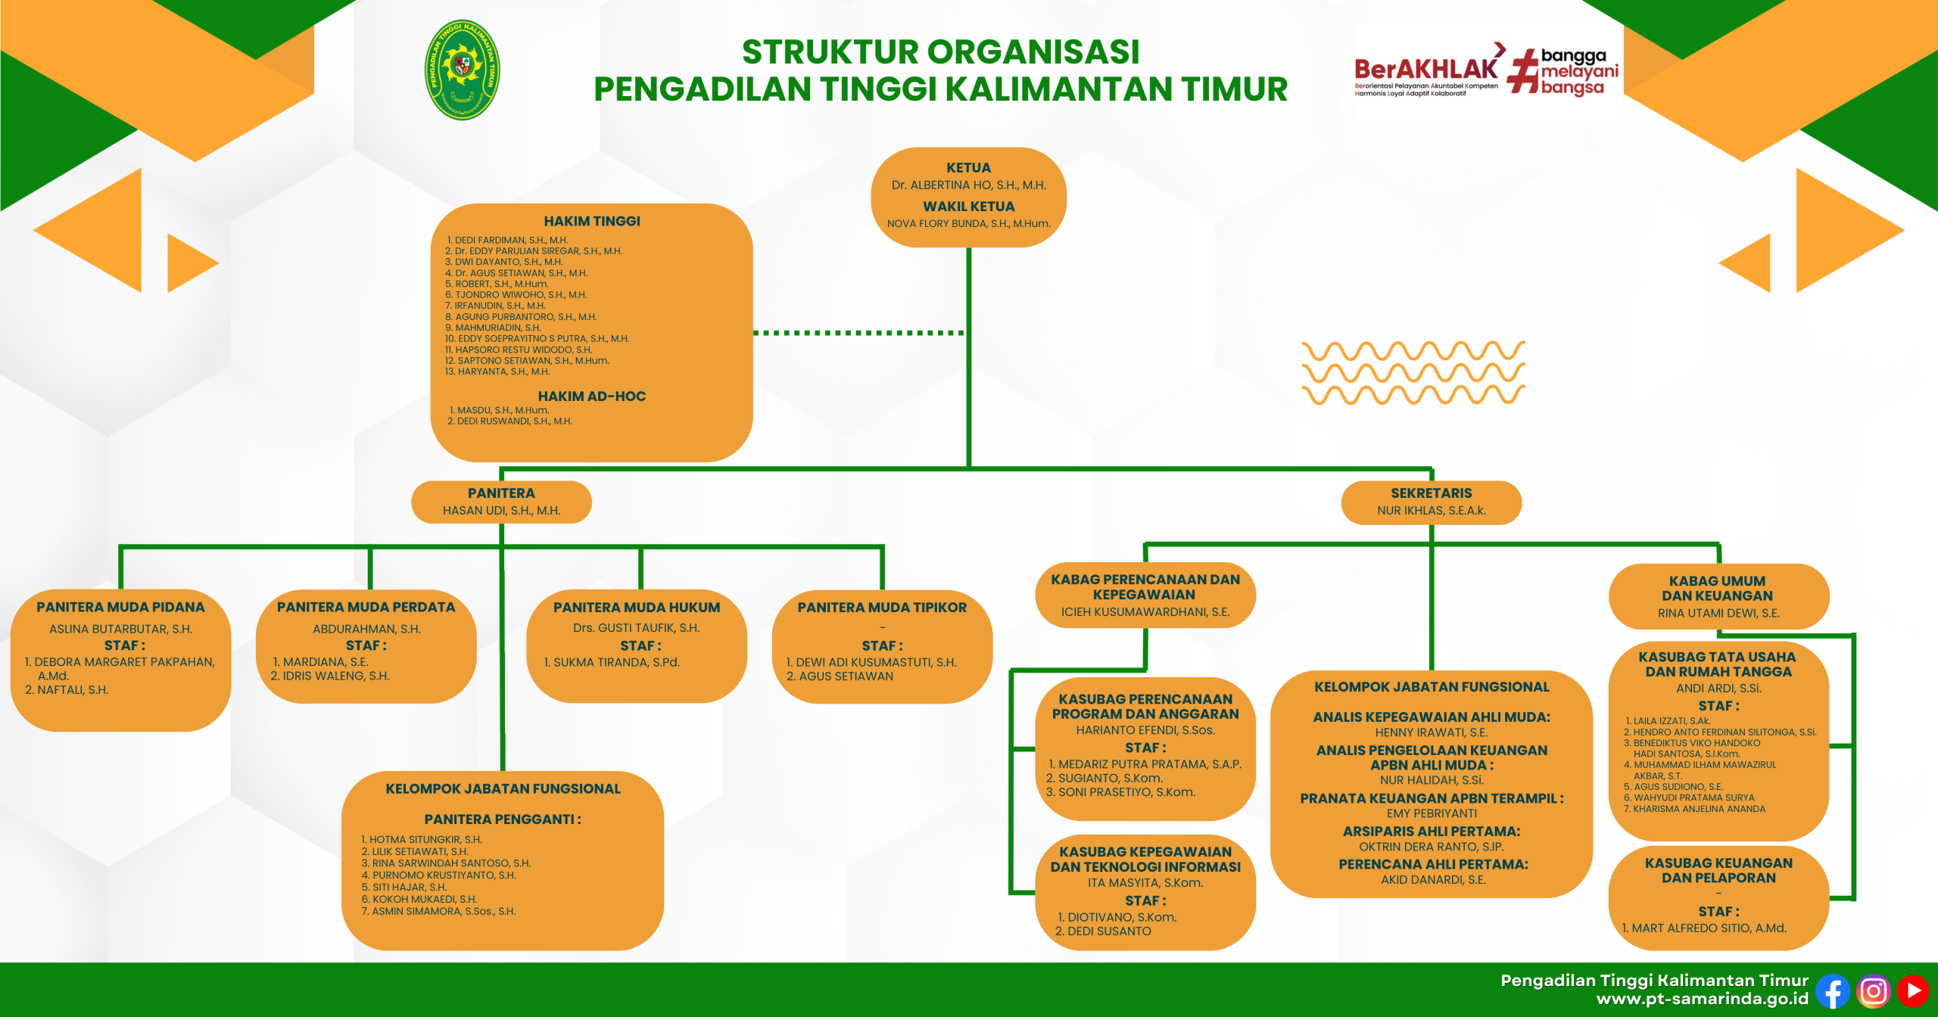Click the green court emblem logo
click(462, 70)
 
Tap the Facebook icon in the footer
click(1833, 991)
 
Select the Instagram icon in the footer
click(1874, 991)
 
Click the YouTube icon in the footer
click(1913, 991)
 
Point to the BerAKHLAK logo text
click(1426, 70)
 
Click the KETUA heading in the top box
click(968, 168)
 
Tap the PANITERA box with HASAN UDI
click(501, 502)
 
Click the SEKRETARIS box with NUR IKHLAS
click(1431, 502)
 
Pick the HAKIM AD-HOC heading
click(591, 396)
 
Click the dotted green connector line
click(859, 332)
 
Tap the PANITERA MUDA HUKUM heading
click(637, 608)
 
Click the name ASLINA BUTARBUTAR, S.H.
click(120, 629)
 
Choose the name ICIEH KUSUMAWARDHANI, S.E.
click(1145, 612)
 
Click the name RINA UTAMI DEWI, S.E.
click(1718, 614)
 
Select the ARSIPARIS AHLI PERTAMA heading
click(1431, 831)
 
